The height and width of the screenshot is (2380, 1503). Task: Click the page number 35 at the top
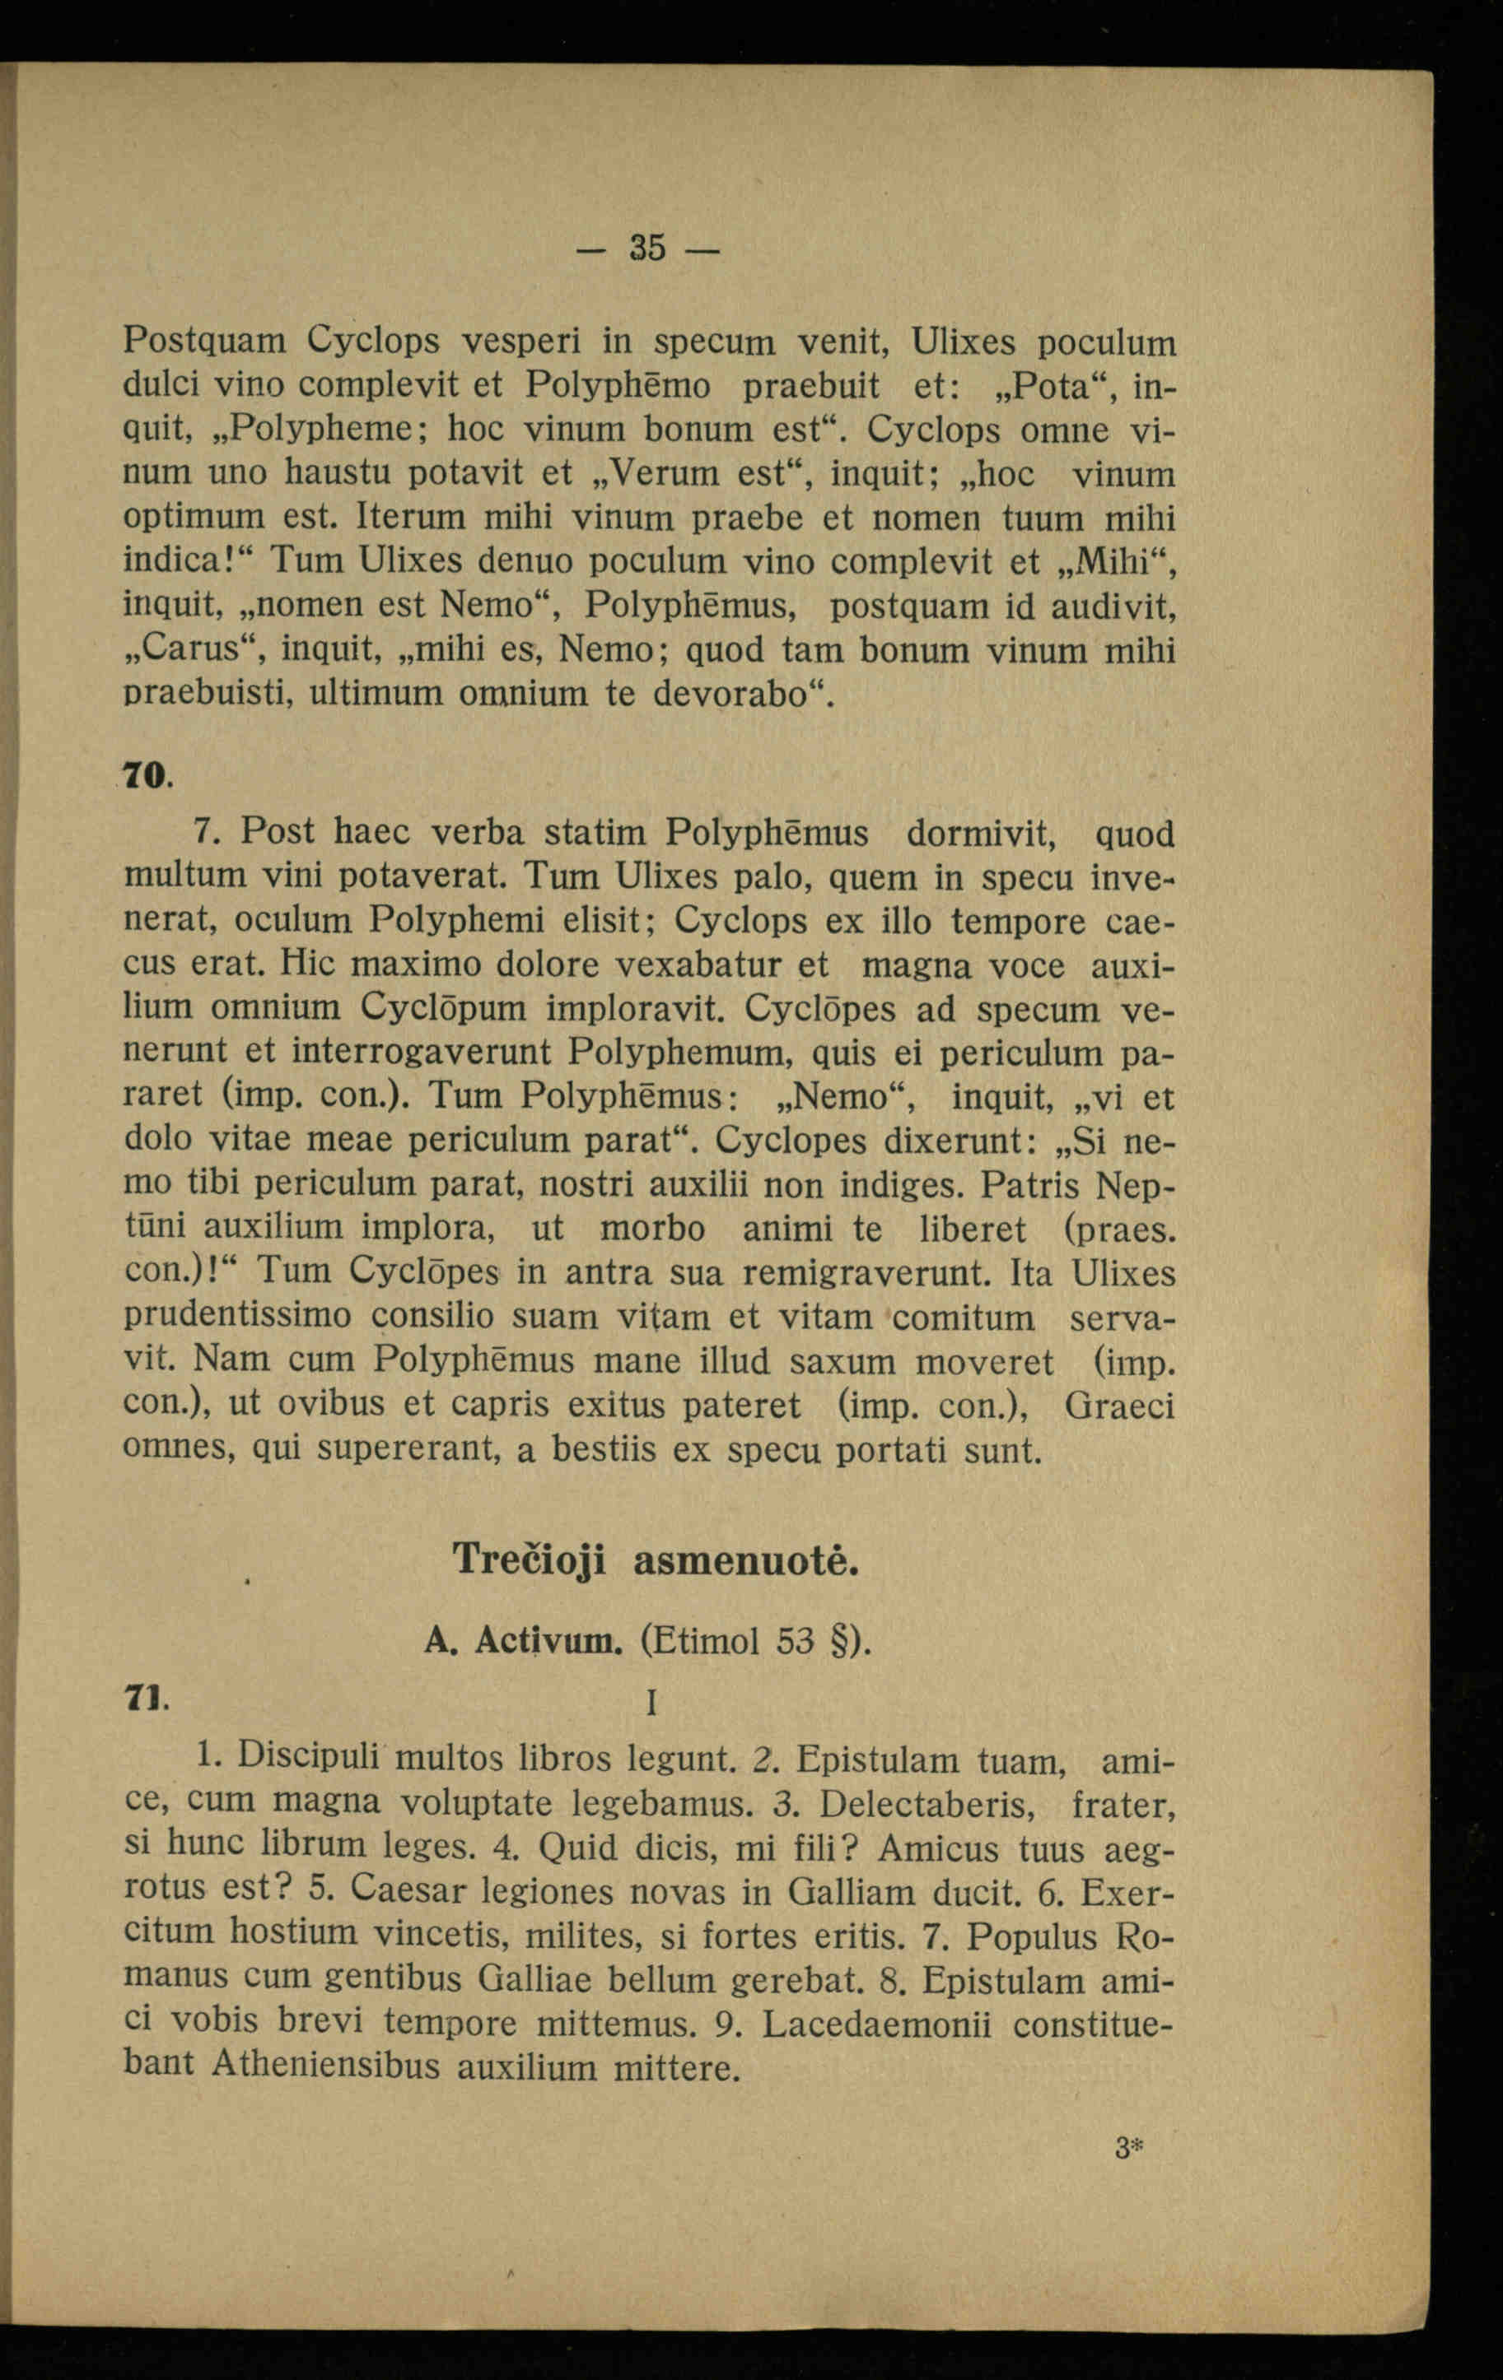click(647, 247)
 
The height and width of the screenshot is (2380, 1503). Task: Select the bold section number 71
click(143, 1696)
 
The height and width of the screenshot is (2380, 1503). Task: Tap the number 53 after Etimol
click(795, 1642)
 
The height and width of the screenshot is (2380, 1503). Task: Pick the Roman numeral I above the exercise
click(651, 1702)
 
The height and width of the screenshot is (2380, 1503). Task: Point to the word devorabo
click(730, 693)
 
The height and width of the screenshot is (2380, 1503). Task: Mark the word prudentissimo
click(237, 1317)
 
